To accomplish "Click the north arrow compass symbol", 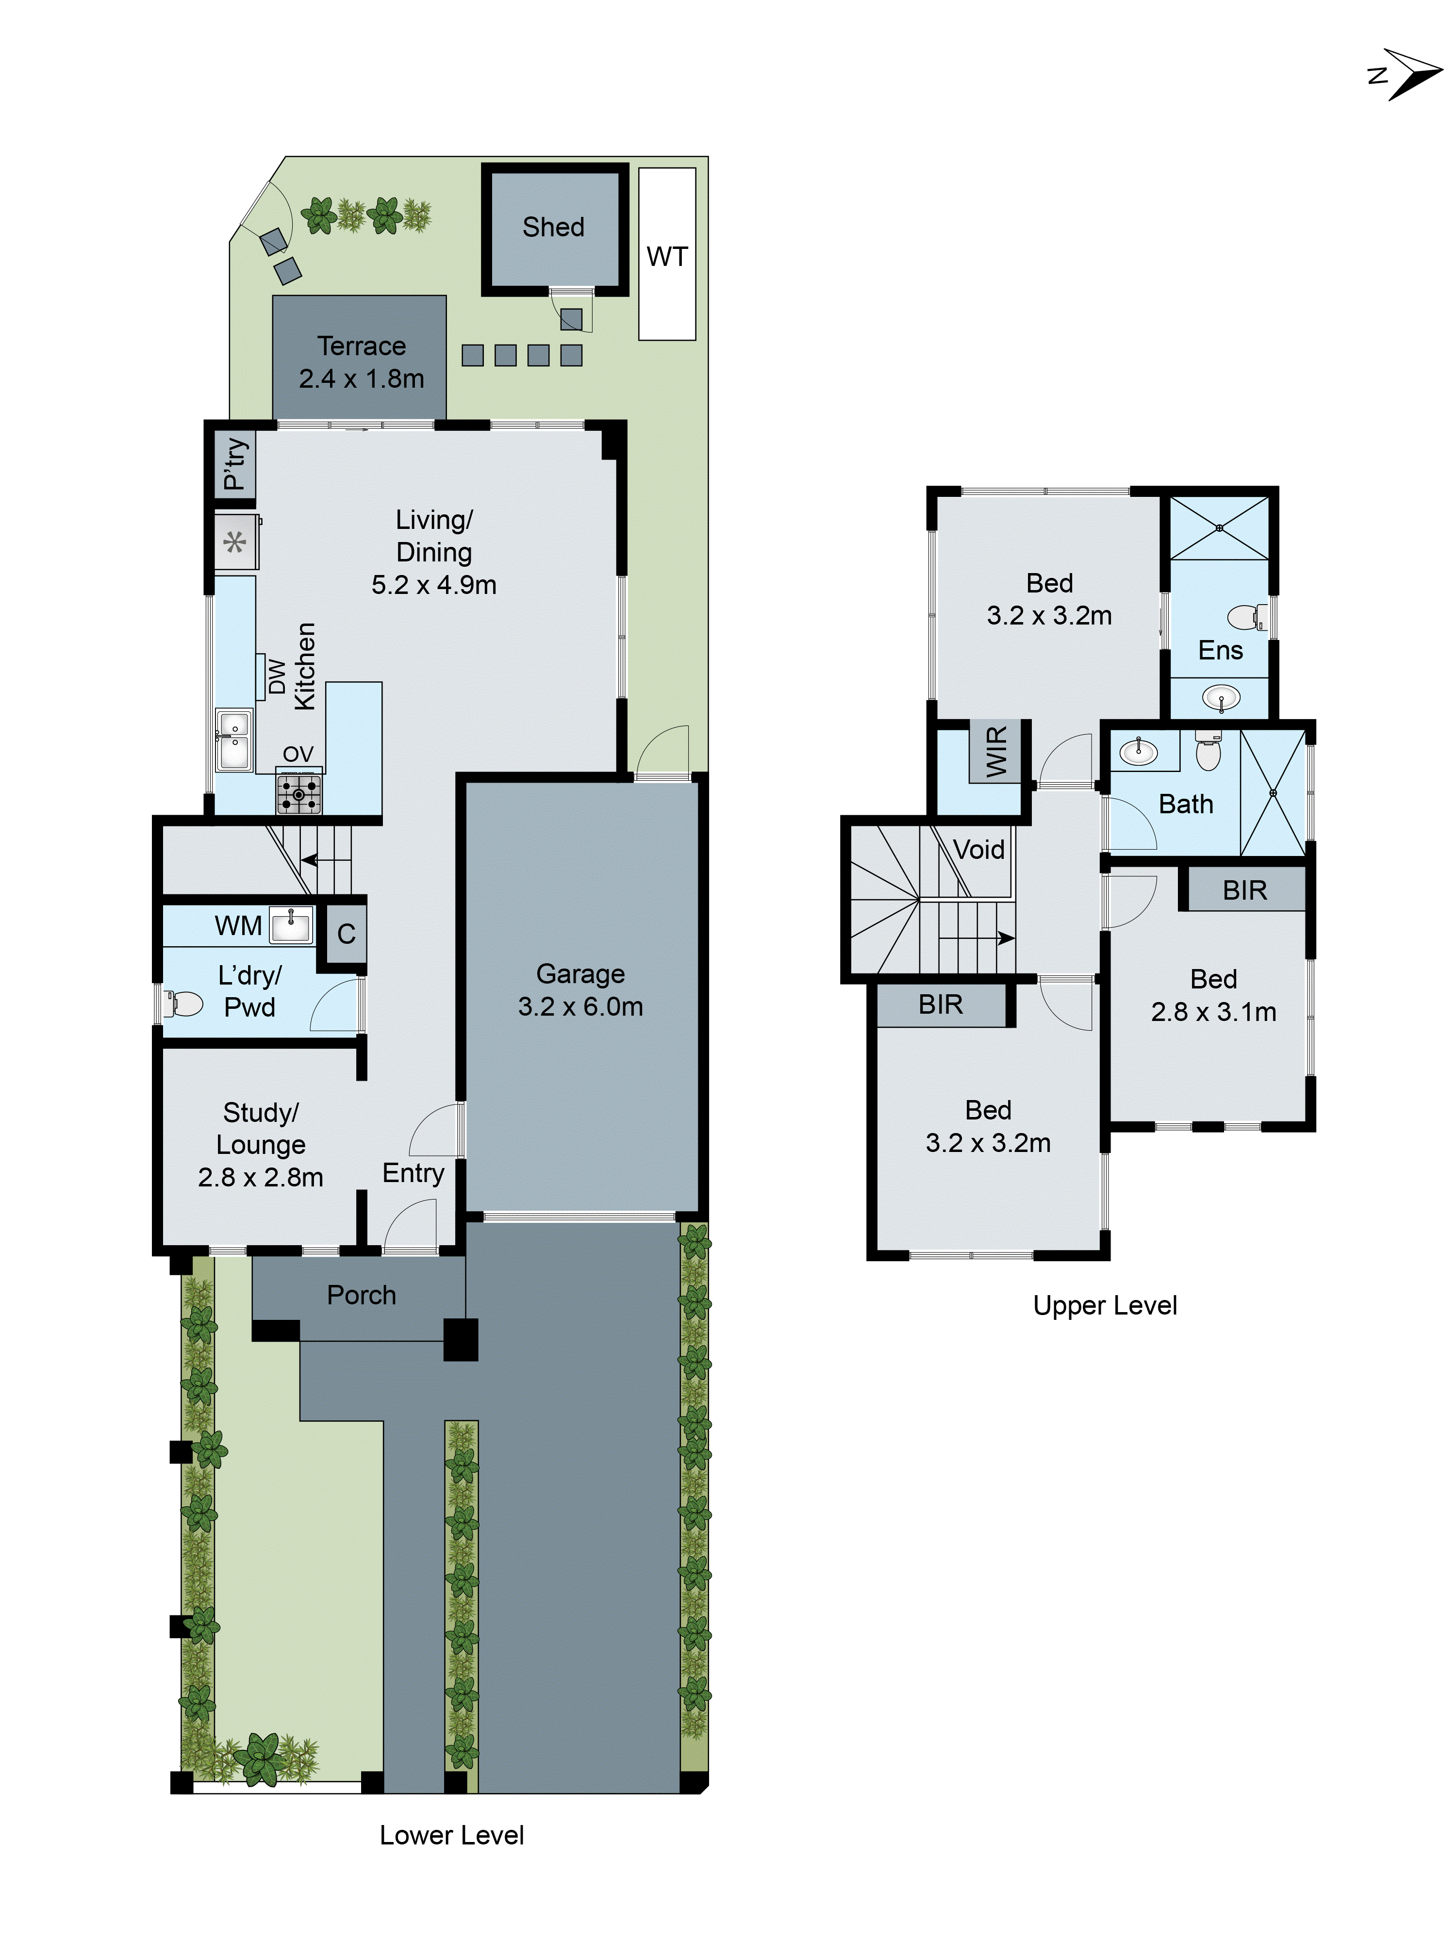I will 1407,75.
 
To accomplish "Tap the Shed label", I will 553,227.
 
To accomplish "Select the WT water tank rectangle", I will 667,254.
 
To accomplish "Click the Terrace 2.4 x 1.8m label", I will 361,362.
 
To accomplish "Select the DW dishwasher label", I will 277,676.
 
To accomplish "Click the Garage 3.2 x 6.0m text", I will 580,990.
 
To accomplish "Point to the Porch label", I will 361,1295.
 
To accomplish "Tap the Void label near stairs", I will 978,849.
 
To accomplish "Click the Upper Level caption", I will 1104,1306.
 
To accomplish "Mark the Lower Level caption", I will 451,1836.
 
